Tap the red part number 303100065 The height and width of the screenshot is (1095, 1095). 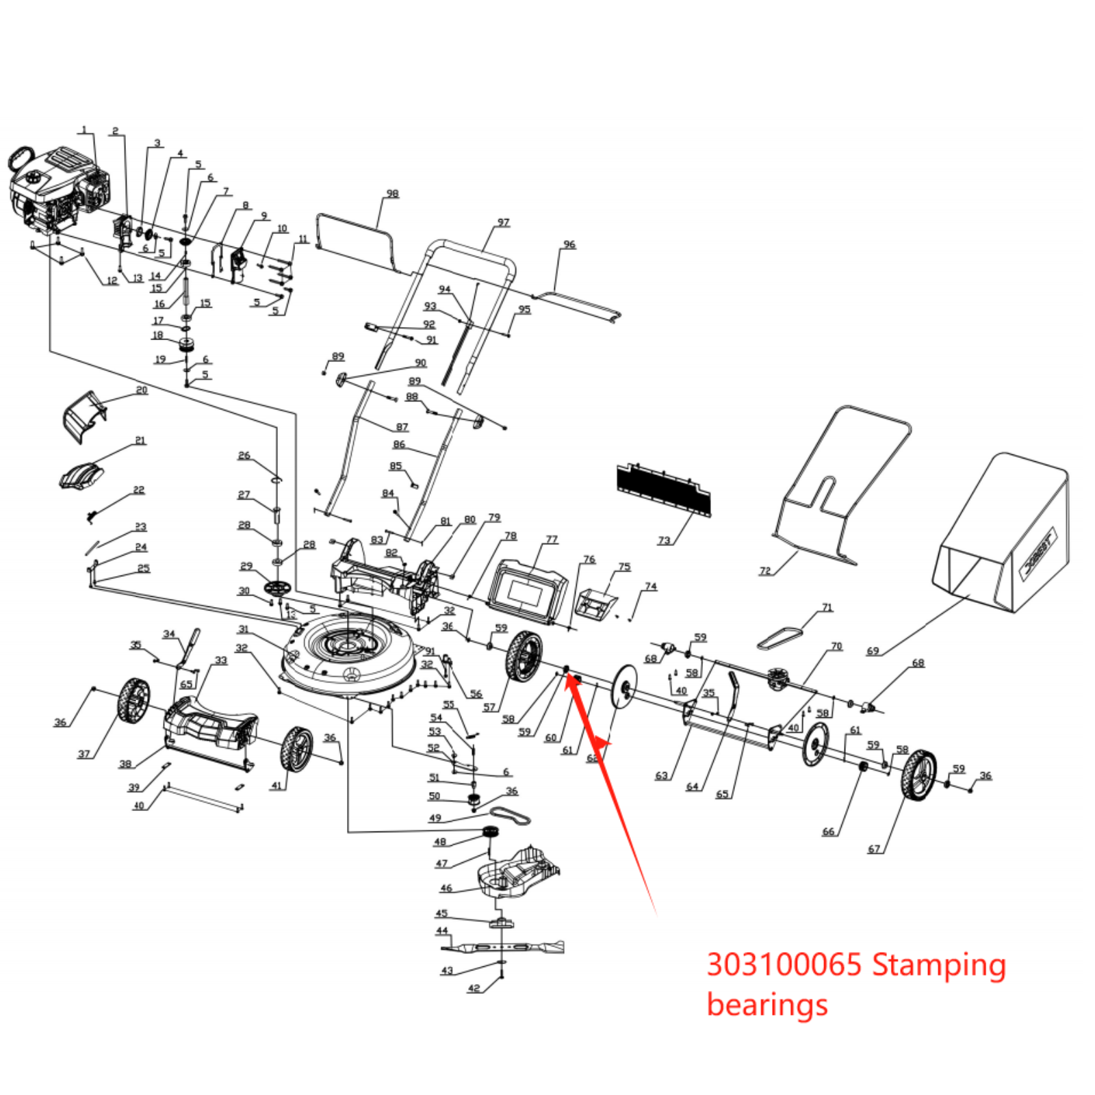click(784, 965)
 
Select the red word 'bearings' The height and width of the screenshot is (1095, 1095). click(767, 1005)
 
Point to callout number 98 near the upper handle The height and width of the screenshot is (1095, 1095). click(392, 194)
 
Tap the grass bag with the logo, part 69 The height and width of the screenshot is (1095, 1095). click(1003, 534)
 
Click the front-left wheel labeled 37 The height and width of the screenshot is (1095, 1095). click(133, 701)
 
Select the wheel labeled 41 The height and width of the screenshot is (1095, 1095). click(296, 749)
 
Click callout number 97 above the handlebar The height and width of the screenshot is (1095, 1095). click(504, 222)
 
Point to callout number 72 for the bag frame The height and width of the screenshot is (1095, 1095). click(765, 570)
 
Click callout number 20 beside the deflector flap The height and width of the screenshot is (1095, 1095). click(142, 390)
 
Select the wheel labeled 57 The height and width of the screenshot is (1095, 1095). click(524, 656)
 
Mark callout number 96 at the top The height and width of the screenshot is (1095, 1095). click(569, 244)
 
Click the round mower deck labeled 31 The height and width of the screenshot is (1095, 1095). click(349, 650)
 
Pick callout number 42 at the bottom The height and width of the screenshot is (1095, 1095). click(474, 988)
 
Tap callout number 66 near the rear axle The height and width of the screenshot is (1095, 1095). click(828, 832)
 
